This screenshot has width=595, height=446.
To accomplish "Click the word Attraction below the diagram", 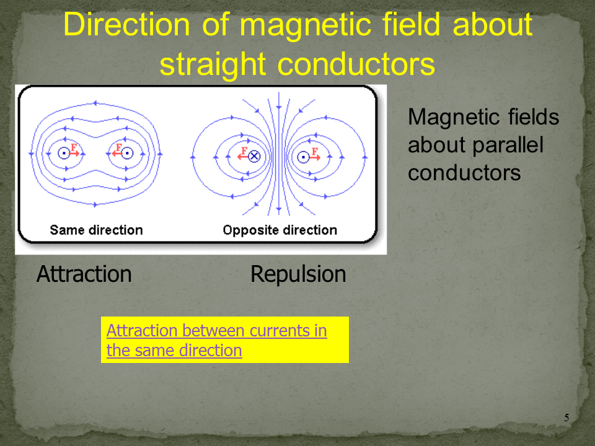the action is point(84,274).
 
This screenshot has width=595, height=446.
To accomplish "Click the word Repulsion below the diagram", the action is point(298,274).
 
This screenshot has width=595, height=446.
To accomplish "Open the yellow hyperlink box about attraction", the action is point(224,340).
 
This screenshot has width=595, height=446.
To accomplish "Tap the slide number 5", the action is point(566,418).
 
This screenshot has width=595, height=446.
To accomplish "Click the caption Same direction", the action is point(97,230).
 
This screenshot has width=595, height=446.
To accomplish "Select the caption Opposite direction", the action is point(280,230).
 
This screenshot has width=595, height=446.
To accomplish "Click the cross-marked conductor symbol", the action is point(254,156).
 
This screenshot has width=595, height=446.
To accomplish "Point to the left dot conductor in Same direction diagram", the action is point(64,153).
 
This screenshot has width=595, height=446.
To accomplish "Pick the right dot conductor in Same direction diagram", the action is point(127,153).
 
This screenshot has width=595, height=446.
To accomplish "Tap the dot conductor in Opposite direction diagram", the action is point(303,157).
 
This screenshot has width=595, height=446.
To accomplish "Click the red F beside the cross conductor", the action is point(244,151).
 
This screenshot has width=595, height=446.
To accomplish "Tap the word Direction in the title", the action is point(126,24).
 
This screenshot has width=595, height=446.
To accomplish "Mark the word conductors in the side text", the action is point(464,173).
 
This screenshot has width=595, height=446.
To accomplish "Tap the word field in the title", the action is point(411,24).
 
